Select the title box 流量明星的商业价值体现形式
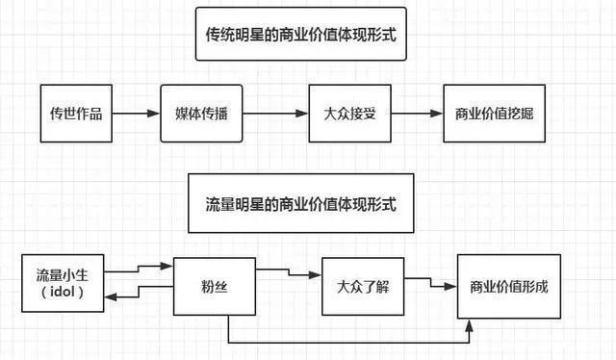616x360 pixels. pos(302,203)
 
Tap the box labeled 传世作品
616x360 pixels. pos(76,114)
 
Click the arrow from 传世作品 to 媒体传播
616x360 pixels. pos(137,114)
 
